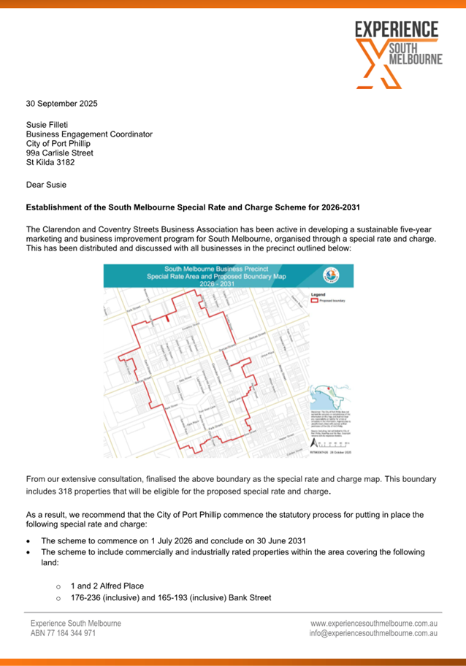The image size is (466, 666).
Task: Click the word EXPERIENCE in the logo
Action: pos(397,30)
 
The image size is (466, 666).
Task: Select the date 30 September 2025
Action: pos(61,104)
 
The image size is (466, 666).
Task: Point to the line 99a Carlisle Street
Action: pos(59,153)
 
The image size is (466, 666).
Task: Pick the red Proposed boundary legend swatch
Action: pos(315,300)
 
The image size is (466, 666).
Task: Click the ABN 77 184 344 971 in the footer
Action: pos(63,634)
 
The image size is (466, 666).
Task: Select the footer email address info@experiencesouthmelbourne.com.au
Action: pos(373,634)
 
